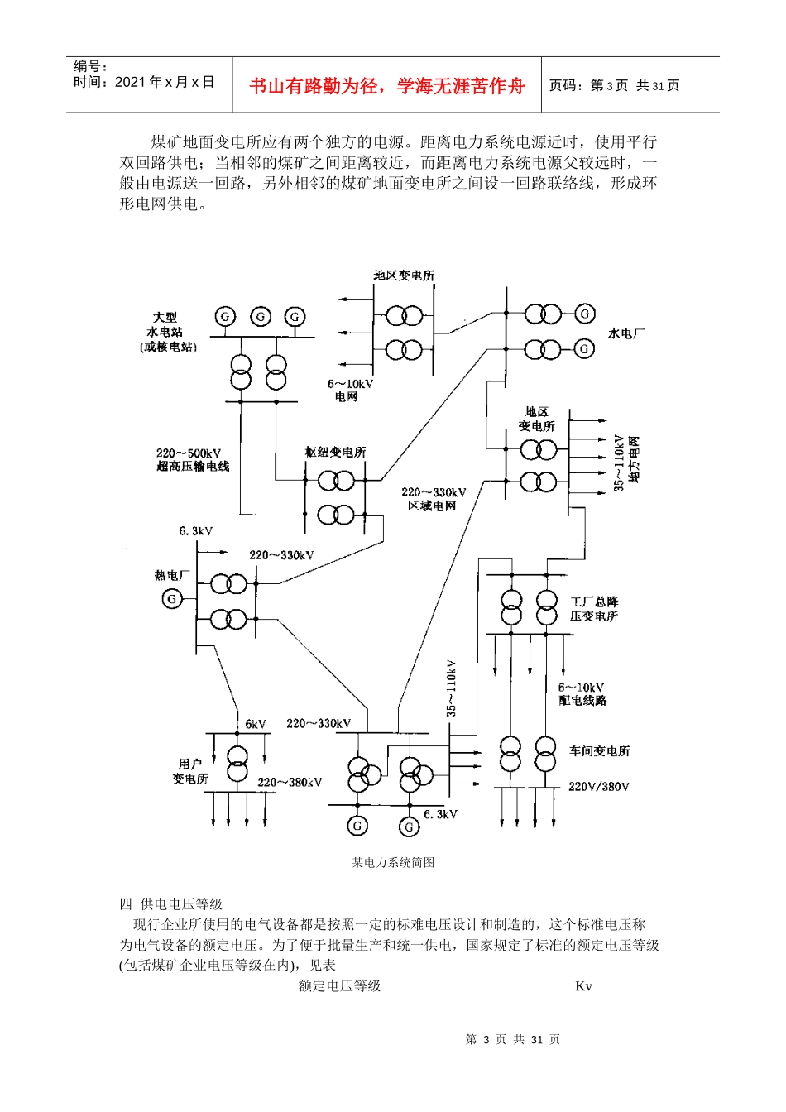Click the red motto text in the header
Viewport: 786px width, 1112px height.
[386, 86]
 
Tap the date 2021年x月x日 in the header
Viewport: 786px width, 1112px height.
[164, 82]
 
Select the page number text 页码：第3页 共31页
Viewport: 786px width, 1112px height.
[614, 85]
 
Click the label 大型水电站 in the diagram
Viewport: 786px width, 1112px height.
[168, 331]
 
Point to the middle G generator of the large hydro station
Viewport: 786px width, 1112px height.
[261, 316]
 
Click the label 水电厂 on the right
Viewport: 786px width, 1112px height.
[625, 333]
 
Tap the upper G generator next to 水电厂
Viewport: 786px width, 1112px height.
[585, 314]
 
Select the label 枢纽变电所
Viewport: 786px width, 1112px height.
[335, 452]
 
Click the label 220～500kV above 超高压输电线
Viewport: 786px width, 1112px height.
[189, 453]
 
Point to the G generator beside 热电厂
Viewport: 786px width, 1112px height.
[172, 598]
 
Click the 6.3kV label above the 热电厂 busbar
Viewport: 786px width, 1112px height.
[196, 530]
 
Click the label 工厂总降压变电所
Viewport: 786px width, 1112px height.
[594, 609]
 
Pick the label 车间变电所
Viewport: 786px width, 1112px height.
[599, 750]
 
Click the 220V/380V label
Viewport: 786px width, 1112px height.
[598, 786]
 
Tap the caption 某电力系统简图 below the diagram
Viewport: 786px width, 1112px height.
[393, 862]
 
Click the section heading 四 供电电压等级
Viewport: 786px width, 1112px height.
[171, 903]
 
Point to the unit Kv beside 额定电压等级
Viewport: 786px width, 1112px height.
[583, 985]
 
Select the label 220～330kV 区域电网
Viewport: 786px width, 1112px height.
[434, 499]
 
